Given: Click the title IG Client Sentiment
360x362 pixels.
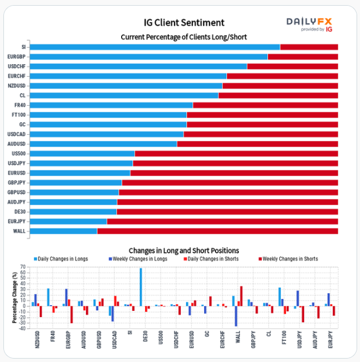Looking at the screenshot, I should (x=184, y=23).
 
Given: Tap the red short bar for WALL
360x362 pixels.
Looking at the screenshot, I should (x=217, y=231).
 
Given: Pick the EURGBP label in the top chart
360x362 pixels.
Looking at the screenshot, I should (x=17, y=57).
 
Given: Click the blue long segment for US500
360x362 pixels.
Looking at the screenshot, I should (x=82, y=153).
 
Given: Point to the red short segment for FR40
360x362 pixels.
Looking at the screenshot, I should (x=265, y=105).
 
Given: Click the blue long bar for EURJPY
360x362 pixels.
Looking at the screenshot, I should (x=68, y=221).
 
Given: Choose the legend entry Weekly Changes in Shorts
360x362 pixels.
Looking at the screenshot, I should (x=289, y=259).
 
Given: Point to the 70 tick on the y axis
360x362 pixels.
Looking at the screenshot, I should (x=23, y=267).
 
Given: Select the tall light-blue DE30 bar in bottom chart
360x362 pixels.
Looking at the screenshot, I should (x=141, y=287).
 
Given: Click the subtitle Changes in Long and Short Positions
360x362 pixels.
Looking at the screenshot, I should (x=184, y=250).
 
